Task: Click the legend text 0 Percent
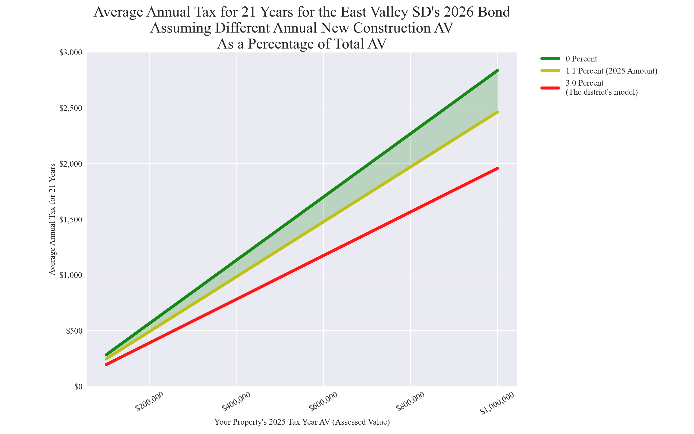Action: point(581,59)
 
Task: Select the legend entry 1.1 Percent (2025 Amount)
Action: point(611,71)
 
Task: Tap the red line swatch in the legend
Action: point(550,88)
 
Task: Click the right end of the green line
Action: point(497,71)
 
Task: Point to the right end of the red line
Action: point(497,168)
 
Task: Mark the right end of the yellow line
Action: point(497,112)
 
